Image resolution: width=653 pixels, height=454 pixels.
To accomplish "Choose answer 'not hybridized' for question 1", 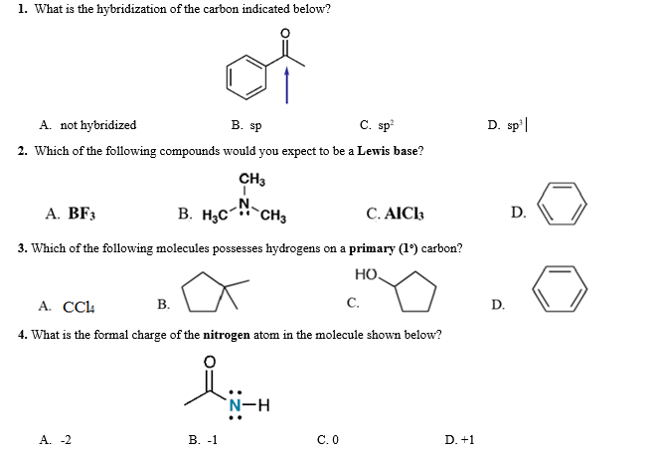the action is (x=97, y=126).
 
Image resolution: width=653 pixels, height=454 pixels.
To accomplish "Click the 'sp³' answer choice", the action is (x=498, y=126).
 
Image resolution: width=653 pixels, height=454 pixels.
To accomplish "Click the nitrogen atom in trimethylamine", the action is (x=245, y=203).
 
